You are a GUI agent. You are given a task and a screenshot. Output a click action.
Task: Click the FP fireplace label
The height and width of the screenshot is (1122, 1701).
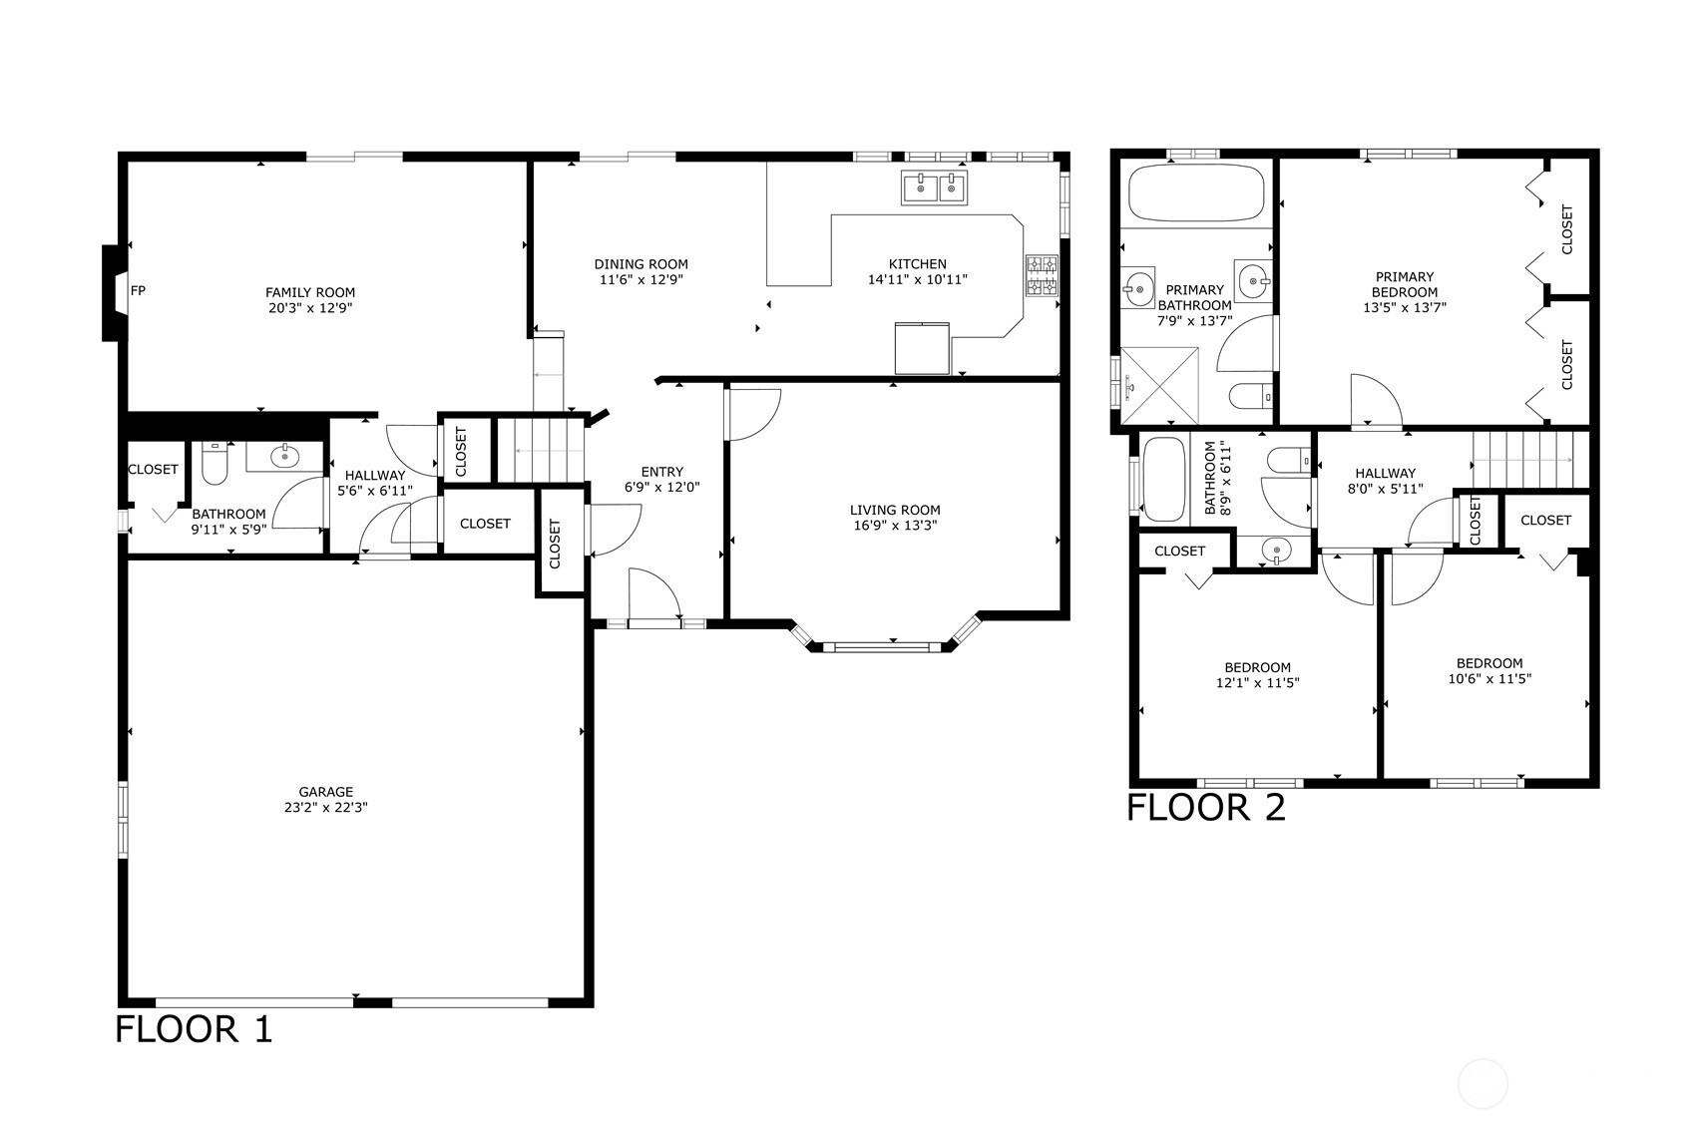tap(138, 290)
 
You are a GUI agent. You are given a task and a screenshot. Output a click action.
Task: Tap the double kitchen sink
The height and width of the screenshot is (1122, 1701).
tap(934, 187)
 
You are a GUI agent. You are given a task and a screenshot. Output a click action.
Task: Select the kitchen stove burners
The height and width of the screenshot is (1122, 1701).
tap(1042, 275)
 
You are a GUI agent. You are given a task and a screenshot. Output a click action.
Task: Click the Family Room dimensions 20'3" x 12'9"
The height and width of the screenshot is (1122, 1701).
tap(310, 308)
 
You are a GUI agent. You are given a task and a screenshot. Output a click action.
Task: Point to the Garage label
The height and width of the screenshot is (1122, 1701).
tap(326, 792)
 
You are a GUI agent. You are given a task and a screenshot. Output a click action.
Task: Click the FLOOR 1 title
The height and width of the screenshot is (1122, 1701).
tap(194, 1029)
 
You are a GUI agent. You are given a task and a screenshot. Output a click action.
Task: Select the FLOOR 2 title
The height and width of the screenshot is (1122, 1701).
tap(1206, 807)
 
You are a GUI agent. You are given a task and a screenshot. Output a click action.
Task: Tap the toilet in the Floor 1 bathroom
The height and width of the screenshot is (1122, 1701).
tap(214, 463)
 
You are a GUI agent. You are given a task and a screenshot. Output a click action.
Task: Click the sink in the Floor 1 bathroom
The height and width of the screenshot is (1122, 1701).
tap(284, 456)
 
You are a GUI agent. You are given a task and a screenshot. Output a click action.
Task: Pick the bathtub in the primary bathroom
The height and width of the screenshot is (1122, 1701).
tap(1197, 192)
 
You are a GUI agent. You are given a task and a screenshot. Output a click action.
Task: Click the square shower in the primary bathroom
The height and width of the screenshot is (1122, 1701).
tap(1159, 385)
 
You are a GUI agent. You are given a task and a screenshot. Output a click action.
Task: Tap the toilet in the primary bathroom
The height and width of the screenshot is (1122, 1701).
tap(1250, 396)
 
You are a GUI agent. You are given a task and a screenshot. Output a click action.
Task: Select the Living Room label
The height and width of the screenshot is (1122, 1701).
tap(895, 511)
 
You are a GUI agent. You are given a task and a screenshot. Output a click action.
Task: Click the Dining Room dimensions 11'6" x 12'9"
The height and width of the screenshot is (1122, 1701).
tap(640, 279)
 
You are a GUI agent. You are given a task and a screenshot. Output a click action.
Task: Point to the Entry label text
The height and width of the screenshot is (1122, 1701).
tap(662, 472)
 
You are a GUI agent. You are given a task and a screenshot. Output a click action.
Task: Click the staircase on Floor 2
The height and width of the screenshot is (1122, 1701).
tap(1530, 460)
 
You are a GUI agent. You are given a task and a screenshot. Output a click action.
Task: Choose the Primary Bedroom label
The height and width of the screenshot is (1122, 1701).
tap(1405, 284)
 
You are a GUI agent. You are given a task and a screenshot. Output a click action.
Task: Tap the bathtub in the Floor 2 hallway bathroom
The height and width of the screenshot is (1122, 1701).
tap(1164, 479)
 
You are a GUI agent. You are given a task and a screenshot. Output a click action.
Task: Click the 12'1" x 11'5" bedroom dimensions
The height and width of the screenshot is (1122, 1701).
tap(1257, 682)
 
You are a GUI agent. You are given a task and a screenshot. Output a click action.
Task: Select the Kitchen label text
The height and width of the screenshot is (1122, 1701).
tap(917, 263)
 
